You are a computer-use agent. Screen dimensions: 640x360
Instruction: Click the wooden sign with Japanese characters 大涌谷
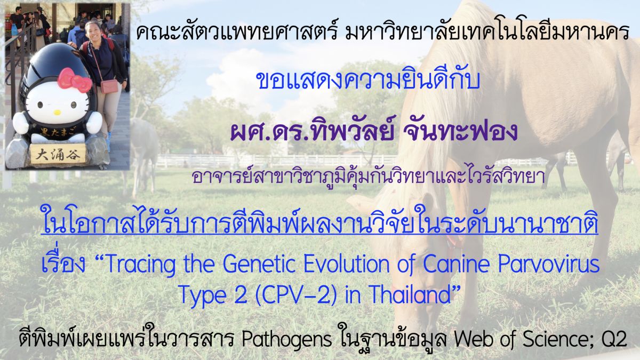pos(58,154)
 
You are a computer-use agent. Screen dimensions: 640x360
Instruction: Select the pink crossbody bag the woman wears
pos(109,86)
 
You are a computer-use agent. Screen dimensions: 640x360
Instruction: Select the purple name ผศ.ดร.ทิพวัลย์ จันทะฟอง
pos(374,131)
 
